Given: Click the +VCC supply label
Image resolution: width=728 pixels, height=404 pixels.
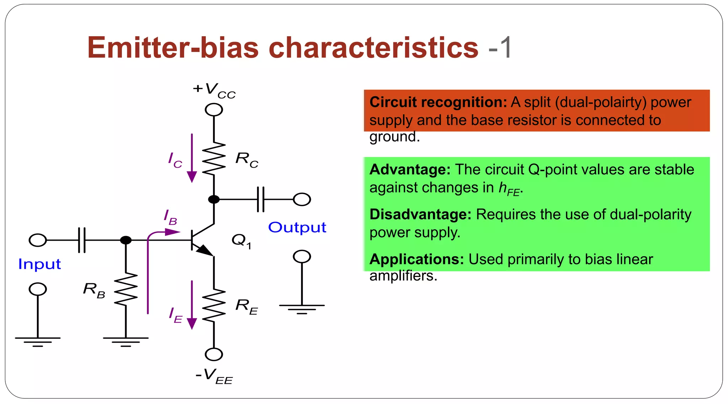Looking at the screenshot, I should (214, 90).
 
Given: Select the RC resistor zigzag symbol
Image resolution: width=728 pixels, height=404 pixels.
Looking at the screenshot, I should (214, 158).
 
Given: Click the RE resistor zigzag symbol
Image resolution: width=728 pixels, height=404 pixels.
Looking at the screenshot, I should (214, 306).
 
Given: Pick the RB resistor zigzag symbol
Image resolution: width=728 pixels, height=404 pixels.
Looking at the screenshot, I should (126, 289).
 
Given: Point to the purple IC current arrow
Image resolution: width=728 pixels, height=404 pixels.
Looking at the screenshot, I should (192, 158).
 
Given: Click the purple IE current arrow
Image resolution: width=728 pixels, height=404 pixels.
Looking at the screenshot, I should (192, 305).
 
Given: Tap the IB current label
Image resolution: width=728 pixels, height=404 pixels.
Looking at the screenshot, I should (171, 217).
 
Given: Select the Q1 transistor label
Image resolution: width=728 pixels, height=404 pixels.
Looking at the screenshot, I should (241, 241).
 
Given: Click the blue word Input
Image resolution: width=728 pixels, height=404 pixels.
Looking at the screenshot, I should (39, 264).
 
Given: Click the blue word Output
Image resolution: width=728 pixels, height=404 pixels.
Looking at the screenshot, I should (297, 228).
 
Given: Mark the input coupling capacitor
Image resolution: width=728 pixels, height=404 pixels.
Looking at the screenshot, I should (82, 240).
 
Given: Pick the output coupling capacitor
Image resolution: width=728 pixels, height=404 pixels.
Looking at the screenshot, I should (261, 200).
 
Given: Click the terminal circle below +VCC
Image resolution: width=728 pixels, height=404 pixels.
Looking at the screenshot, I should (214, 110).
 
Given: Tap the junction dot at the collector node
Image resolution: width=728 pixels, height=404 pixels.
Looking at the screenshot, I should (214, 200).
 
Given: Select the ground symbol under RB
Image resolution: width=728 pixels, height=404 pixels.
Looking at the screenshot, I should (126, 341).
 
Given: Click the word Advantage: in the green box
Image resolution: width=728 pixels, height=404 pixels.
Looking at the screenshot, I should (410, 170).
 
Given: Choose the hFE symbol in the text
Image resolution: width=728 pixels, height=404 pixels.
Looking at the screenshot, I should (509, 189).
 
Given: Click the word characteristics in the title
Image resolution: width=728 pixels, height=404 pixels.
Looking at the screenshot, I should (373, 48).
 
